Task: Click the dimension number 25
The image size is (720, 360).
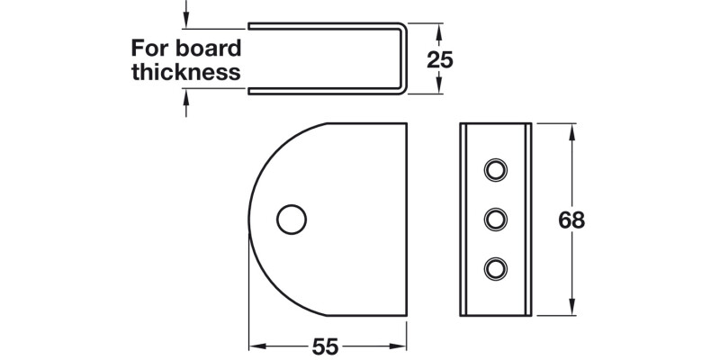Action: point(439,60)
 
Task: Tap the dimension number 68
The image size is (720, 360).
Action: point(571,220)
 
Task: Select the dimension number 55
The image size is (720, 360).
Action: point(327,346)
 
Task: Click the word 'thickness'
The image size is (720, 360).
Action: point(186,72)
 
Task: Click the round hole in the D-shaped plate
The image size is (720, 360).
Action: point(290,219)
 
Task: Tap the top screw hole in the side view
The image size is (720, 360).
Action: point(495,169)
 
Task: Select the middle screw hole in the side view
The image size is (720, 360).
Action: point(495,218)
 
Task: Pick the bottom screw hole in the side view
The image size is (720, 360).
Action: point(495,266)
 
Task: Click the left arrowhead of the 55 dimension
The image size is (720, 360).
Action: point(255,346)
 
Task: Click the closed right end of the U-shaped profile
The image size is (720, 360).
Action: point(404,58)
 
